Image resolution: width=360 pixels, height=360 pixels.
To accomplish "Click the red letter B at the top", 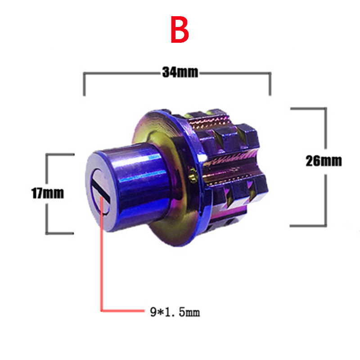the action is click(180, 29).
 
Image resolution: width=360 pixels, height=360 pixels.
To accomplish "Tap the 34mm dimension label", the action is click(180, 72).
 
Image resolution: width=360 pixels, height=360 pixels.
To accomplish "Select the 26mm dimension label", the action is click(324, 161).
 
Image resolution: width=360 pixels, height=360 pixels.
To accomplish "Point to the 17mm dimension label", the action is click(48, 193).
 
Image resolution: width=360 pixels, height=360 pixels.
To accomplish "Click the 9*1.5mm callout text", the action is click(175, 312).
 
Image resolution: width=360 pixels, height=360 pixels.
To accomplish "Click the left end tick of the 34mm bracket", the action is click(84, 84).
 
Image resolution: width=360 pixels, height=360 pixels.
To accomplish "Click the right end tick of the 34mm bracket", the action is click(270, 84).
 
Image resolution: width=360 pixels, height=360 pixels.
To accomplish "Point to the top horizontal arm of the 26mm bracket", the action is click(308, 108).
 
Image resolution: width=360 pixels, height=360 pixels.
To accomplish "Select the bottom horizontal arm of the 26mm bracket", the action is click(308, 226).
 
